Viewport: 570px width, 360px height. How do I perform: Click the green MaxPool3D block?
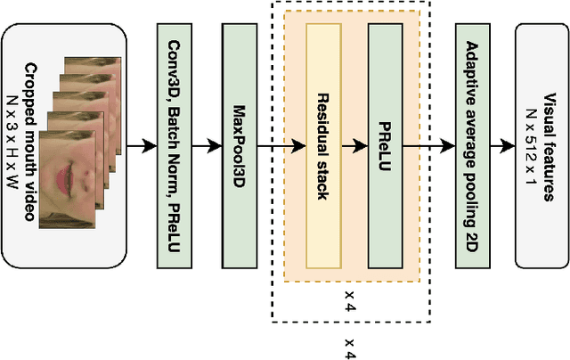[238, 146]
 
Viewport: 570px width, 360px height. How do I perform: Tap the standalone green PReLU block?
[385, 146]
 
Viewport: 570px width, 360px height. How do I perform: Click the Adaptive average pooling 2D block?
[472, 146]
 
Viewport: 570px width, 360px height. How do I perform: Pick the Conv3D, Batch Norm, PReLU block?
[174, 146]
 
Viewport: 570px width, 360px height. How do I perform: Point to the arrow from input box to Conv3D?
[141, 145]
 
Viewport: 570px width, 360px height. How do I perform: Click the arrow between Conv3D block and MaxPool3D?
[206, 145]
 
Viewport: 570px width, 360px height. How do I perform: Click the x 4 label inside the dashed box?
[350, 304]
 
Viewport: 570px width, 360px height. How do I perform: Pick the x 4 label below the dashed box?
[350, 348]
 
